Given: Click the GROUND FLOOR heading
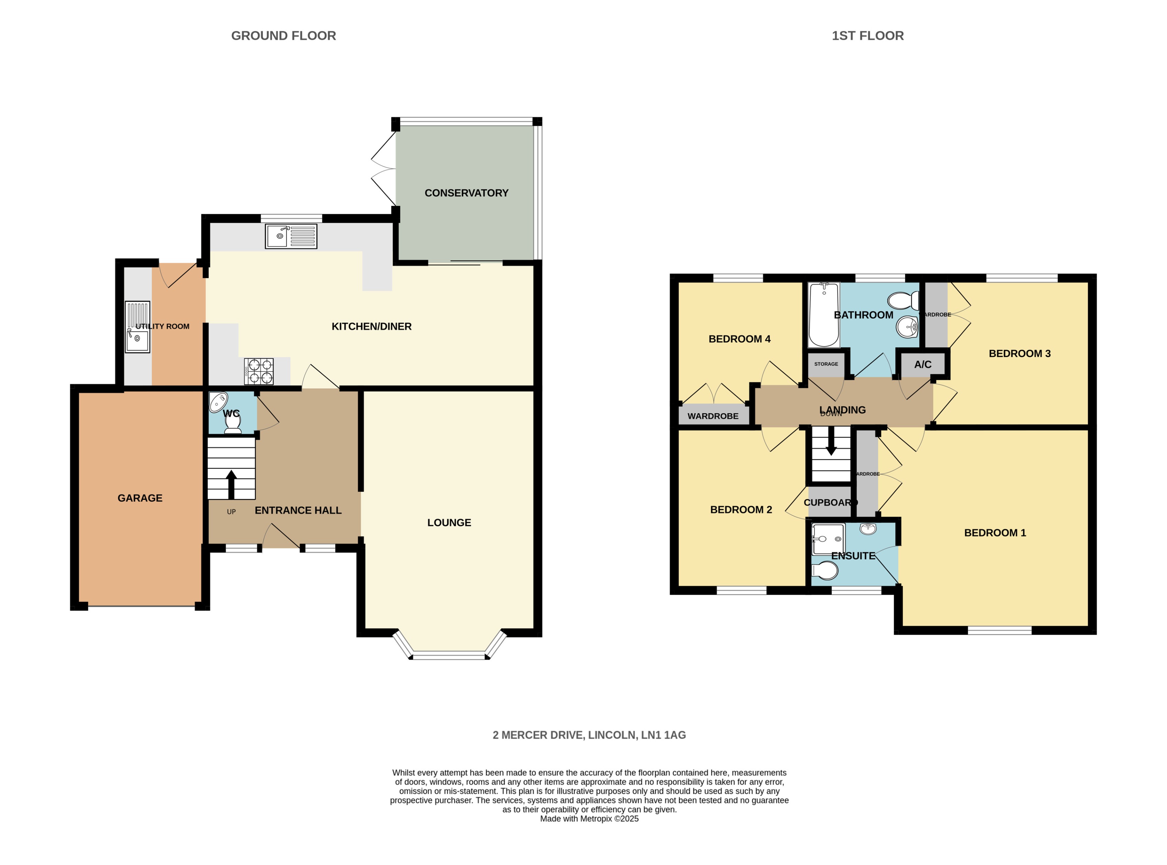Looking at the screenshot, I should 283,36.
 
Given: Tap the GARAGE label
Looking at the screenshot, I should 140,498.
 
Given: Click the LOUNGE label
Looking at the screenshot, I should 449,522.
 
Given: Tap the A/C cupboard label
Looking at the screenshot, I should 922,365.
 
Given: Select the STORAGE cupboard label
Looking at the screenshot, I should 826,364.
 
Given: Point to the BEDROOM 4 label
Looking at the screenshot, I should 739,339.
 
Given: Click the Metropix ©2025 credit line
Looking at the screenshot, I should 589,818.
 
